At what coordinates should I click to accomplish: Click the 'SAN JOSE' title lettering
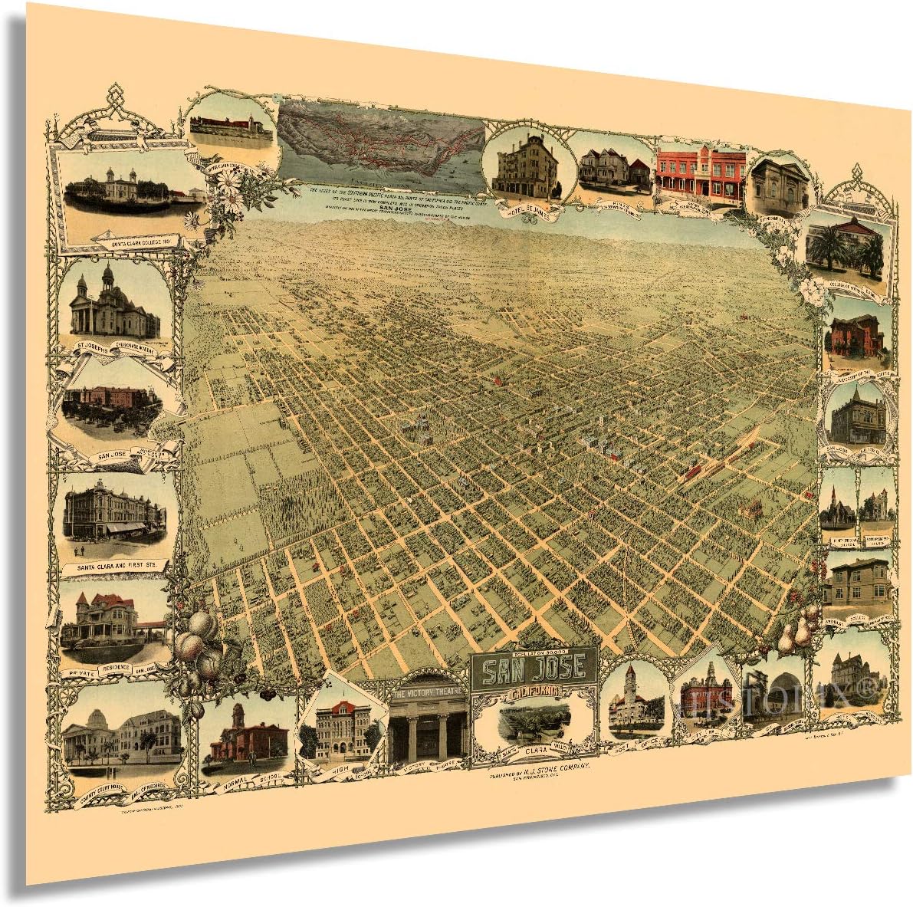click(537, 669)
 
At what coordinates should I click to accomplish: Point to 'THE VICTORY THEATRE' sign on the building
click(427, 694)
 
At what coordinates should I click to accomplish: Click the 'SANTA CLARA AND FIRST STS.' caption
click(114, 567)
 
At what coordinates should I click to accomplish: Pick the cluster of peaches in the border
click(198, 645)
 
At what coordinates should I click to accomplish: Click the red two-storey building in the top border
click(700, 173)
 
